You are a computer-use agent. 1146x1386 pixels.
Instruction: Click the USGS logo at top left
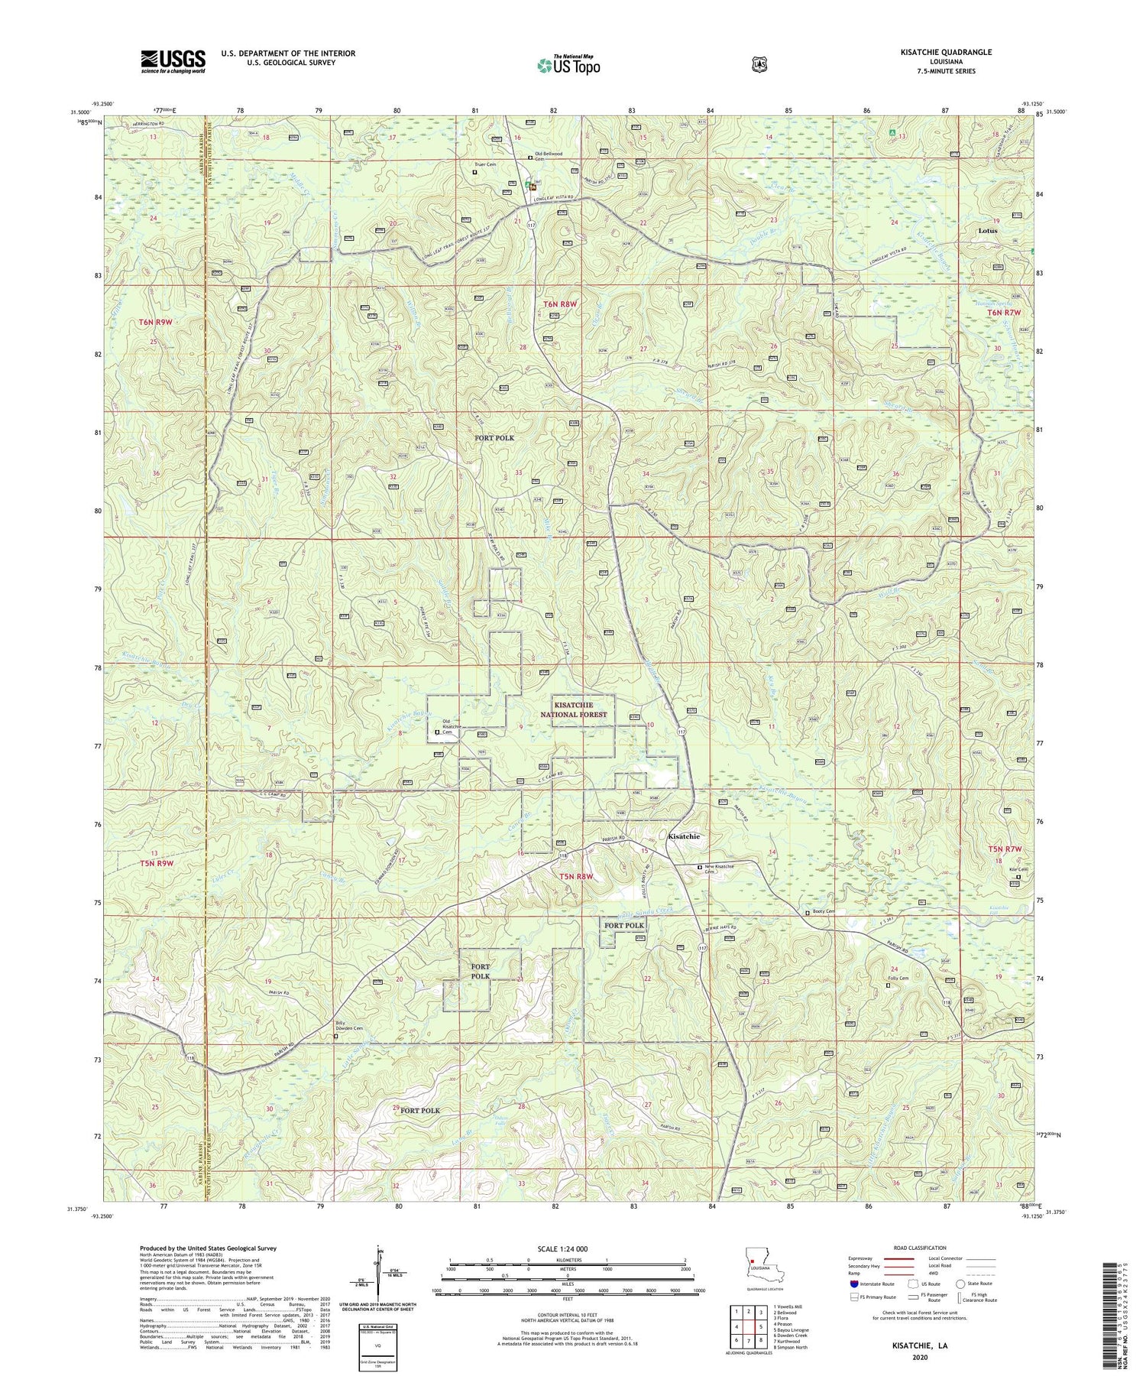[173, 61]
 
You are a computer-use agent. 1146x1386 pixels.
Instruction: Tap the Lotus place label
[989, 230]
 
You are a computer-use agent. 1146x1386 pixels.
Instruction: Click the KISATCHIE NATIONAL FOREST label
[581, 709]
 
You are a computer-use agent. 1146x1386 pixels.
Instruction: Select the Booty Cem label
[824, 912]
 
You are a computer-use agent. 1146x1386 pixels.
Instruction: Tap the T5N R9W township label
[157, 863]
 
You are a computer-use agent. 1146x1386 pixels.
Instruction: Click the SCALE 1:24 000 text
[568, 1248]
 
